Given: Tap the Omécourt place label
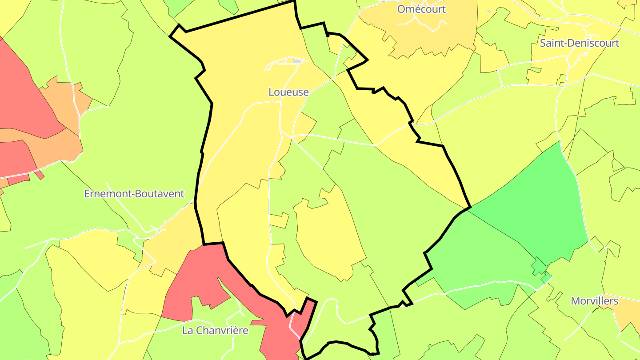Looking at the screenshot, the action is click(421, 9).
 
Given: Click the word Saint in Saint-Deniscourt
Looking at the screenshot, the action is click(551, 43).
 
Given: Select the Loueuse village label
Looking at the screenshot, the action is click(288, 92).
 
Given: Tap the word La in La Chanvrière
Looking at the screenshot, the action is click(188, 331).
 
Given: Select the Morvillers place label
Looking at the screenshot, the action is click(594, 301).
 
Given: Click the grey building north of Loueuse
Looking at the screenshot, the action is click(297, 61).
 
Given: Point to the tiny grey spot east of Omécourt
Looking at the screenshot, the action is click(489, 11).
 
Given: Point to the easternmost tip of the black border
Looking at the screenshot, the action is click(470, 207).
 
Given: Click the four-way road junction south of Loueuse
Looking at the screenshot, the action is click(291, 138).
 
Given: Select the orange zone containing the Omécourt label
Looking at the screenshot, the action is click(427, 31).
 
